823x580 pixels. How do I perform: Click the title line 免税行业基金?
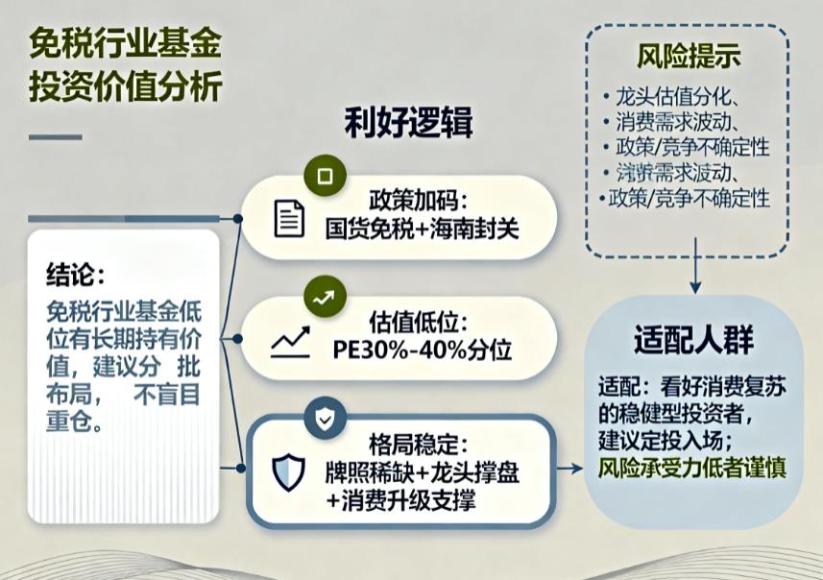click(x=126, y=44)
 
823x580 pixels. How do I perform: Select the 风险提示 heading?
click(x=688, y=55)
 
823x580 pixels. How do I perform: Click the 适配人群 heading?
click(x=693, y=340)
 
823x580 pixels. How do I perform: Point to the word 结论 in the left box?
click(x=74, y=274)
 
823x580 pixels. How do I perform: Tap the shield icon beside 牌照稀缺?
click(x=288, y=471)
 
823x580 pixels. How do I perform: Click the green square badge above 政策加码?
click(x=324, y=176)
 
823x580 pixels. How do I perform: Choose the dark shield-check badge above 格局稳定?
click(x=324, y=419)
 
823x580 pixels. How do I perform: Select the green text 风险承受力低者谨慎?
click(x=692, y=469)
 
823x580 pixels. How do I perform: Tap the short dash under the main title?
click(x=55, y=136)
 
